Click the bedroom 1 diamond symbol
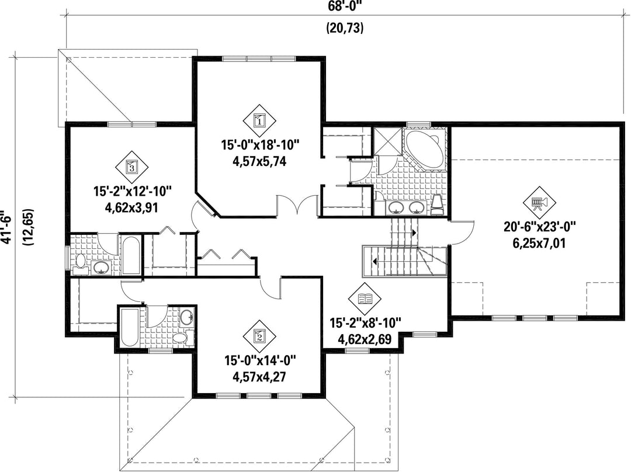pos(259,120)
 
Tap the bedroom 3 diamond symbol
pos(132,166)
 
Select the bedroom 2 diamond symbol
pos(259,336)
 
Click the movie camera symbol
pos(540,202)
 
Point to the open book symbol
pos(365,299)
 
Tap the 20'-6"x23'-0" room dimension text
pos(540,228)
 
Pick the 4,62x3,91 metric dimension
pos(131,207)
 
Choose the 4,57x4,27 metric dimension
pos(259,377)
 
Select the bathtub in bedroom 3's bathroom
pos(131,255)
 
